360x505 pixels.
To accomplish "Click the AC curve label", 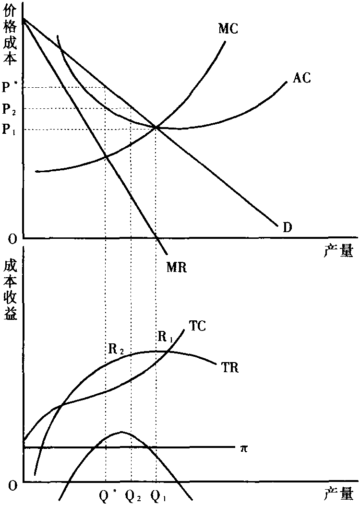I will pyautogui.click(x=301, y=78).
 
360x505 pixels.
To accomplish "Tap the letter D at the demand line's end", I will pyautogui.click(x=288, y=227).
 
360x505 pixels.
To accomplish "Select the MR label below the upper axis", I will pyautogui.click(x=176, y=267).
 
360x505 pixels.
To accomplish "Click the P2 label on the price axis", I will pyautogui.click(x=10, y=109).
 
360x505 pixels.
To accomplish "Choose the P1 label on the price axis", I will pyautogui.click(x=10, y=130).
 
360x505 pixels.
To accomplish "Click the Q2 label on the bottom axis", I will pyautogui.click(x=132, y=494).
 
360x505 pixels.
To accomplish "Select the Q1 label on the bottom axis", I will pyautogui.click(x=158, y=494).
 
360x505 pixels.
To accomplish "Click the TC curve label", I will pyautogui.click(x=197, y=326).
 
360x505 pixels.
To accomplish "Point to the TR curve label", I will pyautogui.click(x=230, y=368).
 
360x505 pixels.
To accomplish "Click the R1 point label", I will pyautogui.click(x=165, y=337).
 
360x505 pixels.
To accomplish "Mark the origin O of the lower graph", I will pyautogui.click(x=12, y=485).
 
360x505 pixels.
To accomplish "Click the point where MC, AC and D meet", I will pyautogui.click(x=156, y=127).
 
